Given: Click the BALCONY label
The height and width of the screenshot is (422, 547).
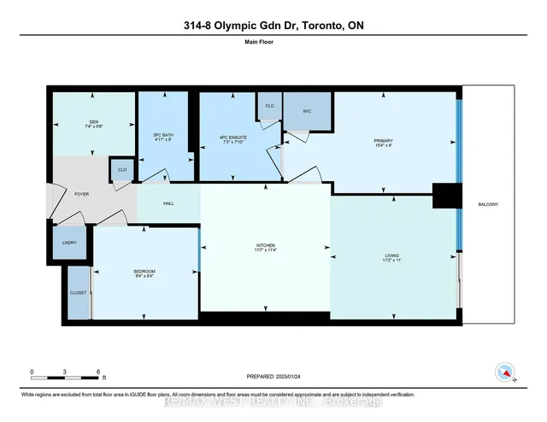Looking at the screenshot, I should [488, 203].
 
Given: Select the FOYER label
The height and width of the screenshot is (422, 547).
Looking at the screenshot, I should [82, 195].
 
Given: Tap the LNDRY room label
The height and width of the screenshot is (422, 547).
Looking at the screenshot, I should [70, 243].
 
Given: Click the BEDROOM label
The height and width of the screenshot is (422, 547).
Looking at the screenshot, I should [144, 272].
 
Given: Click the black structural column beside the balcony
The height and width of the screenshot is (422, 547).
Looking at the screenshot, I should [445, 196].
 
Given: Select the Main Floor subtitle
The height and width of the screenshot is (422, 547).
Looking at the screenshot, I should [273, 50].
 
